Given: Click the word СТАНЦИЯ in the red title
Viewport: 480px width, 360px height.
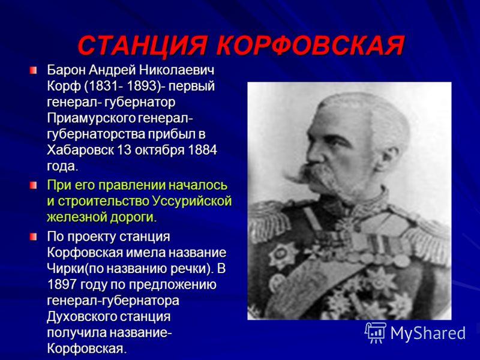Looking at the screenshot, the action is tap(142, 46).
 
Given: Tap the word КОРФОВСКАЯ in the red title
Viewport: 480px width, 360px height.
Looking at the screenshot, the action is tap(311, 46).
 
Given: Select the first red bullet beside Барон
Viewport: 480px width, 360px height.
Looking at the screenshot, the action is tap(33, 70).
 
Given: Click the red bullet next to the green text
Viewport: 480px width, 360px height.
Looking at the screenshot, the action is tap(33, 185).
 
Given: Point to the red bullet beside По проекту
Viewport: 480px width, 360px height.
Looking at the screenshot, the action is tap(33, 236).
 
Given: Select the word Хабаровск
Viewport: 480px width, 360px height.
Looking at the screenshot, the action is tap(80, 150).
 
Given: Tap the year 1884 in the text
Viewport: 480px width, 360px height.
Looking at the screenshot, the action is tap(202, 150).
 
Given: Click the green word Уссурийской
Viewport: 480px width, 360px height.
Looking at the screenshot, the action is tap(192, 202).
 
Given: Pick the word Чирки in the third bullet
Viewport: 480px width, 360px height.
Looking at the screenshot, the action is tap(65, 268).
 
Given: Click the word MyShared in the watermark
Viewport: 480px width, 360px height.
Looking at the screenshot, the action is tap(428, 333).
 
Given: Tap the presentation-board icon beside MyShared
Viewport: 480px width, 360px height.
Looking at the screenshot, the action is tap(376, 332).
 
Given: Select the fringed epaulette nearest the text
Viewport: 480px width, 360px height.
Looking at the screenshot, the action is tap(269, 219).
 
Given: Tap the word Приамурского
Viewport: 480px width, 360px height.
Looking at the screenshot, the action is tap(91, 118).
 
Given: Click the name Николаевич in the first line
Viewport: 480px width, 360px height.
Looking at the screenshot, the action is tap(176, 70).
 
